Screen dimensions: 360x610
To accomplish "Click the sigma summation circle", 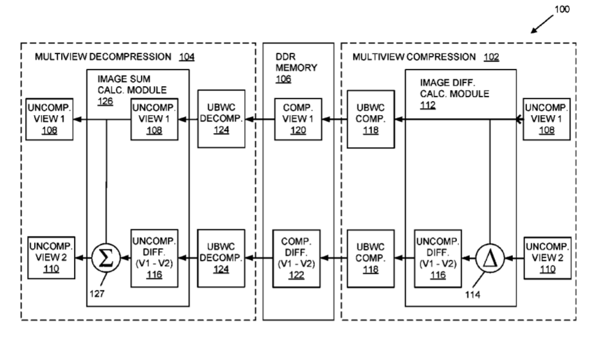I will coord(104,259).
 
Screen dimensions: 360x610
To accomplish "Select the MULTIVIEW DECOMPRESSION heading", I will coord(107,57).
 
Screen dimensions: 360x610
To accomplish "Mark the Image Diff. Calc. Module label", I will coord(453,93).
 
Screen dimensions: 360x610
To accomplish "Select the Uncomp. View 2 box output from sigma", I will coord(51,259).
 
